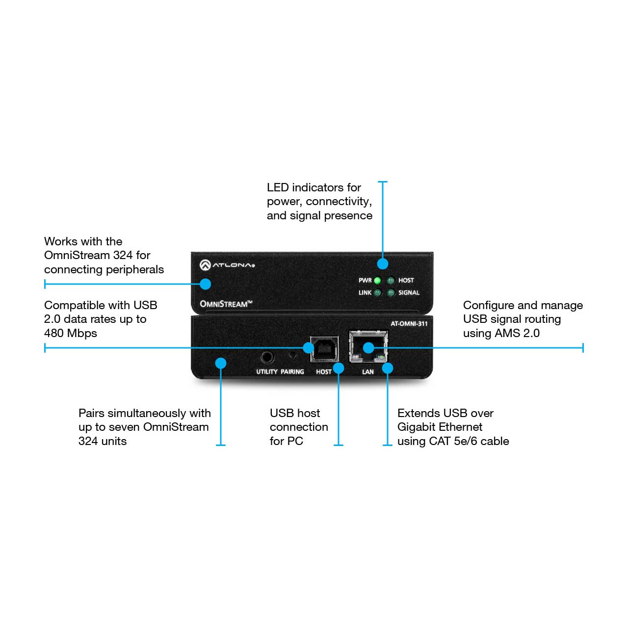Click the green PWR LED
coord(377,280)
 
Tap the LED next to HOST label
coord(391,280)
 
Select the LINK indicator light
coord(377,292)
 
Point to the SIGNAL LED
coord(391,292)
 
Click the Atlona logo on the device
coord(227,265)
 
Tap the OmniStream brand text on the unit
coord(226,304)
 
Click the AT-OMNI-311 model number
coord(409,324)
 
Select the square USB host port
coord(324,349)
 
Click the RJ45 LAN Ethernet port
coord(368,346)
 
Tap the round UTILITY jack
coord(267,357)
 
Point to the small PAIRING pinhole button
coord(292,355)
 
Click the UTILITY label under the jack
coord(266,371)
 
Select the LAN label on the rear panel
coord(367,371)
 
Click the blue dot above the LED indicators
coord(382,263)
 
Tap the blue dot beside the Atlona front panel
coord(205,284)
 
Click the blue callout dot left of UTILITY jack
coord(221,363)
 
